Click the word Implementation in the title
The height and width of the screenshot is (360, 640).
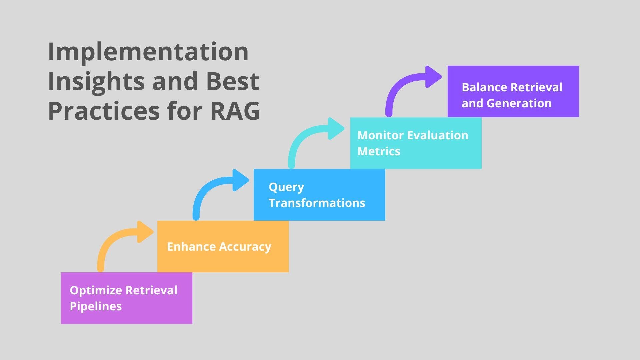click(148, 52)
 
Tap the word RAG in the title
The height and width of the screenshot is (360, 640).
click(235, 111)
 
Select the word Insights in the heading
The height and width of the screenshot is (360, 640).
click(96, 82)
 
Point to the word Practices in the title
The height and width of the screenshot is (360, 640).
click(104, 111)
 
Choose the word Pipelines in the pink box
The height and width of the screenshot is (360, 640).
click(96, 306)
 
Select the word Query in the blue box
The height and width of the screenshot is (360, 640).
click(286, 187)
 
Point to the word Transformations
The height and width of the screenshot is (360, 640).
click(317, 203)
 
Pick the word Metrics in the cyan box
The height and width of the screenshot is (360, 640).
click(379, 151)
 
